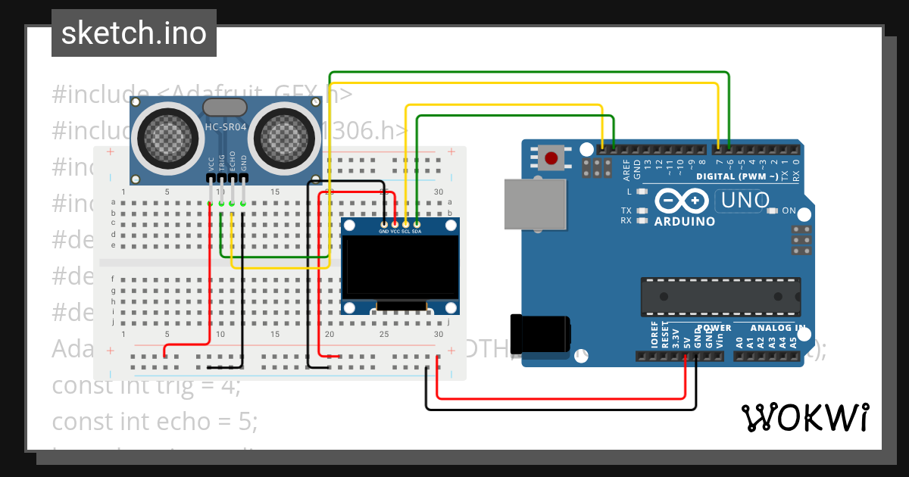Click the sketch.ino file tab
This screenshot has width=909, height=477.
(x=134, y=33)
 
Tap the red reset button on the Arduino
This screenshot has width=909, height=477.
(x=552, y=159)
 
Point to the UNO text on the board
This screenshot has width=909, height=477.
(x=745, y=201)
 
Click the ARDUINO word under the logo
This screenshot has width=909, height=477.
(x=685, y=222)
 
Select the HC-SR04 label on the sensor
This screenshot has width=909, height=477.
(x=225, y=127)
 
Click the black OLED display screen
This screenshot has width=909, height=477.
(x=401, y=267)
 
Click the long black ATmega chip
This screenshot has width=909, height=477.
(x=720, y=296)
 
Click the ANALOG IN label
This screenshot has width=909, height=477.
(x=777, y=328)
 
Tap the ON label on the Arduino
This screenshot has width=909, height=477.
(x=789, y=210)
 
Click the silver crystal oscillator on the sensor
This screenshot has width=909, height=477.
(x=225, y=108)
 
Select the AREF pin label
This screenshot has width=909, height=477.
(x=626, y=169)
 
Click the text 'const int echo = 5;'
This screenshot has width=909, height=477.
(x=155, y=421)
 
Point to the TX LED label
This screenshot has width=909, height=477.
(x=626, y=210)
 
